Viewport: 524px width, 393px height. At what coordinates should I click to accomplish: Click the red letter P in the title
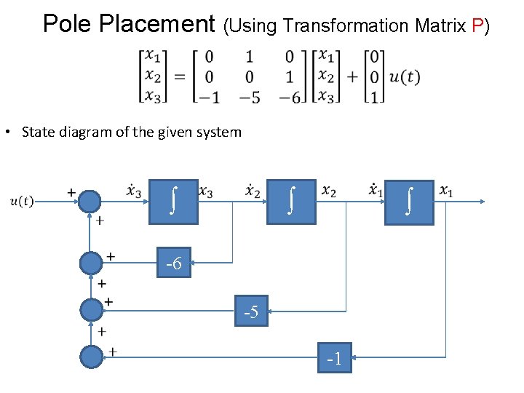pos(478,25)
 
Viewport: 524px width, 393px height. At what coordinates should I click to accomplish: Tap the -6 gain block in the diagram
pos(173,263)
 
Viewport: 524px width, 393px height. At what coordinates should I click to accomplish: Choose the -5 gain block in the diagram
pos(251,311)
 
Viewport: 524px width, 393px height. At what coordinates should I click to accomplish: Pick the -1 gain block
pos(334,357)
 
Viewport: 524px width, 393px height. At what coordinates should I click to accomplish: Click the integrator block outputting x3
pos(173,201)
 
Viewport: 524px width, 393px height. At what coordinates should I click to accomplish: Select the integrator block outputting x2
pos(291,201)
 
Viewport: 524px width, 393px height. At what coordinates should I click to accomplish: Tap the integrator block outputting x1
pos(410,202)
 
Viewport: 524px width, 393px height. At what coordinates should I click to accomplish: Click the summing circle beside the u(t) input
pos(92,200)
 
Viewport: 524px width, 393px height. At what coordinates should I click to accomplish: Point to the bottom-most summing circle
pos(92,357)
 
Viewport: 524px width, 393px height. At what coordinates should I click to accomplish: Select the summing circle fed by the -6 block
pos(92,262)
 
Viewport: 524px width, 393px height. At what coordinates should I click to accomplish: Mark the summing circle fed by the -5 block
pos(92,310)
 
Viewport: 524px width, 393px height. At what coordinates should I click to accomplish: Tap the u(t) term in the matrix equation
pos(405,77)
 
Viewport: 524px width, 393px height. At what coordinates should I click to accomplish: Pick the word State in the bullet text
pos(38,132)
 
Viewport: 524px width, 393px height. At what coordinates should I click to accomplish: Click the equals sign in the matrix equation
pos(178,77)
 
